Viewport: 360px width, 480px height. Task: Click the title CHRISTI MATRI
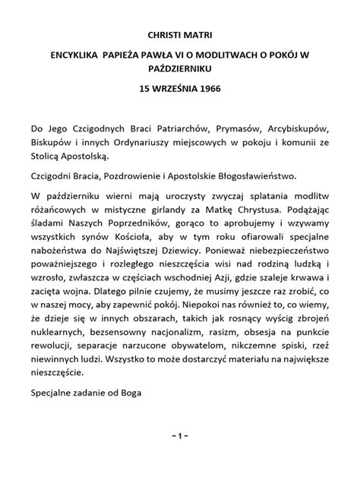click(179, 35)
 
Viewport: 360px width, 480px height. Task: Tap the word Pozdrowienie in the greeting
click(133, 175)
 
